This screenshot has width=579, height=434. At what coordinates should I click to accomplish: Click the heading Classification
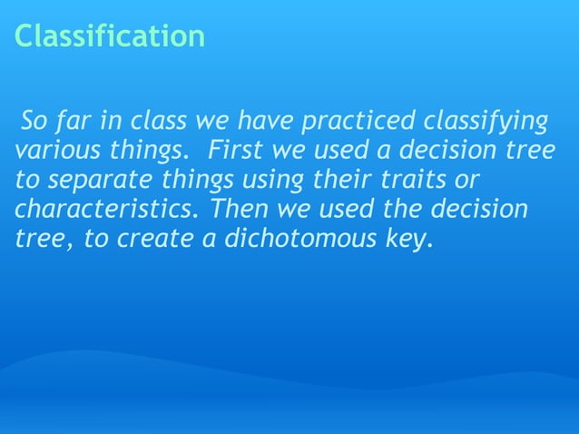click(x=109, y=37)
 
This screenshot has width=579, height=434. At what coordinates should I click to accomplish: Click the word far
click(x=81, y=121)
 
